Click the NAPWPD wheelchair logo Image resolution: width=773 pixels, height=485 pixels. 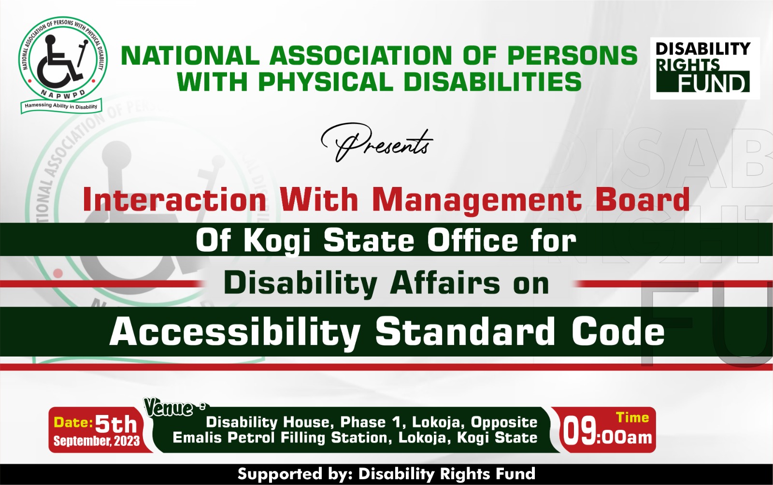[62, 63]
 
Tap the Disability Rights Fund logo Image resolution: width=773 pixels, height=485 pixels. [704, 68]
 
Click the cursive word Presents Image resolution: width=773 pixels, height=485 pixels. [377, 143]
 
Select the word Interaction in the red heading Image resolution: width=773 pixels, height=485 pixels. [174, 200]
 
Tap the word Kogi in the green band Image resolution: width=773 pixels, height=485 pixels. [276, 241]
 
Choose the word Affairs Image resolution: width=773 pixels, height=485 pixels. [445, 283]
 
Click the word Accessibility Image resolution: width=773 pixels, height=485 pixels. [235, 332]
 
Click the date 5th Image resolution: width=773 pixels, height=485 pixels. [116, 425]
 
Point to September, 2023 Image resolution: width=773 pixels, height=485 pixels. [96, 441]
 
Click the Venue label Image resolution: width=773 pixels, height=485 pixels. [169, 408]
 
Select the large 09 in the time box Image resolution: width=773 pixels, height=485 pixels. [580, 431]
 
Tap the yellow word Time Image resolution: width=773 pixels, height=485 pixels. [632, 417]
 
